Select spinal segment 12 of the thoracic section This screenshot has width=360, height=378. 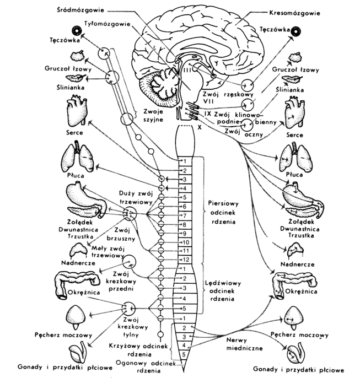pyautogui.click(x=186, y=260)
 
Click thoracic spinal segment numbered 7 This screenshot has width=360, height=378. pyautogui.click(x=186, y=215)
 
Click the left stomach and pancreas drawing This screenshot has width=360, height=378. pyautogui.click(x=84, y=199)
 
